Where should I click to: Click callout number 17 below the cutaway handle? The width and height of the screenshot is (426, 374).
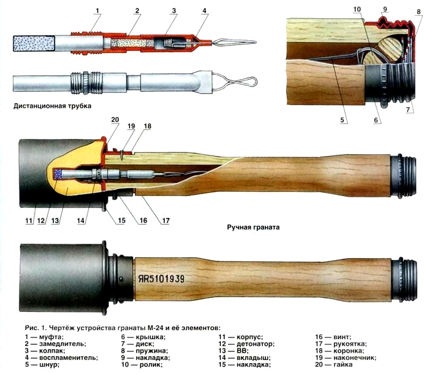tap(164, 221)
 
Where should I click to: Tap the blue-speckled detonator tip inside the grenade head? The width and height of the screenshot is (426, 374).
tap(59, 174)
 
